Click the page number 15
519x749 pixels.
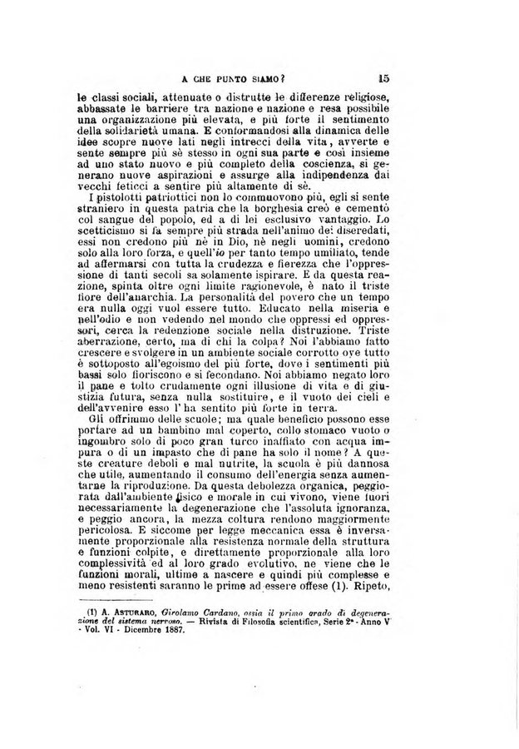pos(383,79)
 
